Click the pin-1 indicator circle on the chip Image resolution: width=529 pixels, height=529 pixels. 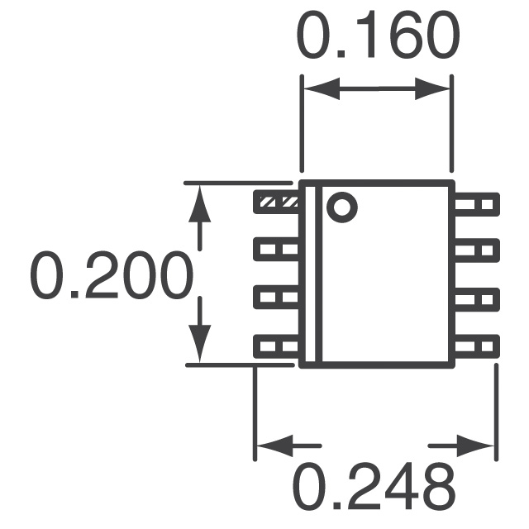(x=341, y=206)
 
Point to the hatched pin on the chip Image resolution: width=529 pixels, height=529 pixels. (x=276, y=201)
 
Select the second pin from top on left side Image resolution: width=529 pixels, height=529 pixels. (x=276, y=247)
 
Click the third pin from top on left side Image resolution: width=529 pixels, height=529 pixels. (x=276, y=296)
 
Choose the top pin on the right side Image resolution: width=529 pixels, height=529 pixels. (x=477, y=203)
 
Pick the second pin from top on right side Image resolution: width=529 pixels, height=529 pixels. (x=477, y=248)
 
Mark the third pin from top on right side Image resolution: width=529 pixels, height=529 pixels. (x=477, y=296)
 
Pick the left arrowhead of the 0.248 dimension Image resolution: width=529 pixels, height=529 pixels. (x=272, y=447)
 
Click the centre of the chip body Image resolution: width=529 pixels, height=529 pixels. (x=377, y=273)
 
